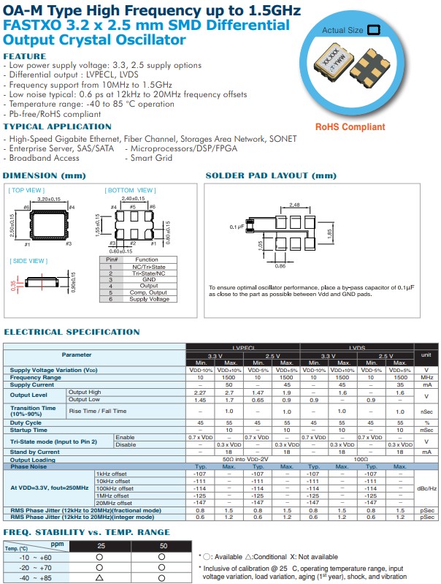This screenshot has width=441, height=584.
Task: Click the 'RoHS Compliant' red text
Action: click(350, 126)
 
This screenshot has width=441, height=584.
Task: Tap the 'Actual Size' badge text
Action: click(342, 31)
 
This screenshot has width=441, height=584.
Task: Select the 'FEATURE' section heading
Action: click(24, 56)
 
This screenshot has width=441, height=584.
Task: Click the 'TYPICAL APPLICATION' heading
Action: click(47, 126)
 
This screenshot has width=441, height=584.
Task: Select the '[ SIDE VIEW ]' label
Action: click(28, 261)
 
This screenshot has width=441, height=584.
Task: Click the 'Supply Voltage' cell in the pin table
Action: click(146, 299)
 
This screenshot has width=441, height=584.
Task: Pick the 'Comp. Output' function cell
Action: click(146, 292)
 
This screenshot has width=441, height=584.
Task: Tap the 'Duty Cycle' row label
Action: click(26, 422)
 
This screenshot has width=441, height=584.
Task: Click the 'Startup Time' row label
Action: click(28, 430)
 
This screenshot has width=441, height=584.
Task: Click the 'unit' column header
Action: click(426, 354)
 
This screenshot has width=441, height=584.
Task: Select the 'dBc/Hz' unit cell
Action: click(426, 488)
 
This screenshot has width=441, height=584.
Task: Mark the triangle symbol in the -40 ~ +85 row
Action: click(100, 578)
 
